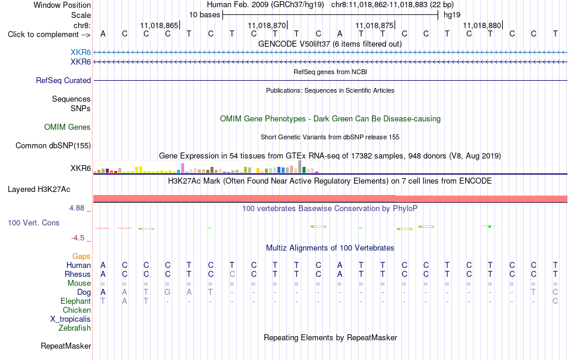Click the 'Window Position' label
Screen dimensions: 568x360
tap(62, 5)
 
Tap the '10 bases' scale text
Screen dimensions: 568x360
tap(204, 15)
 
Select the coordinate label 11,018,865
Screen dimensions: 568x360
tap(159, 25)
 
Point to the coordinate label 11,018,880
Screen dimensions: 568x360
tap(482, 25)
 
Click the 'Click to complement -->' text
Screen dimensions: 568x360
tap(49, 35)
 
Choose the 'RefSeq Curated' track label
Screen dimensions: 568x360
tap(63, 80)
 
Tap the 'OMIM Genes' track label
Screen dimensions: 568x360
tap(68, 127)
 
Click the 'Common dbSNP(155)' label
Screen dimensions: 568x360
tap(53, 145)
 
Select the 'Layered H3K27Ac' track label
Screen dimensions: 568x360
tap(39, 190)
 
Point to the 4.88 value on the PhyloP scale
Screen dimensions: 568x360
tap(77, 208)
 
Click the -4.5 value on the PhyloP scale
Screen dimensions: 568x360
tap(78, 237)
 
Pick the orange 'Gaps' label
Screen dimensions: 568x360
tap(81, 257)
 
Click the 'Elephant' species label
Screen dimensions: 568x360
tap(75, 301)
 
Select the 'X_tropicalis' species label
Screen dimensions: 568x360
tap(71, 319)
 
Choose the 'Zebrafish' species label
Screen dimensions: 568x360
tap(75, 328)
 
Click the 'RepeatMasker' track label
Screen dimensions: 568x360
tap(66, 346)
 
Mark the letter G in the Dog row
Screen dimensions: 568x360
tap(167, 292)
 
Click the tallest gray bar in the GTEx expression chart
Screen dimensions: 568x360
tap(300, 167)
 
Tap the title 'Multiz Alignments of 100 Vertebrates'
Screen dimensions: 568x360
tap(330, 248)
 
